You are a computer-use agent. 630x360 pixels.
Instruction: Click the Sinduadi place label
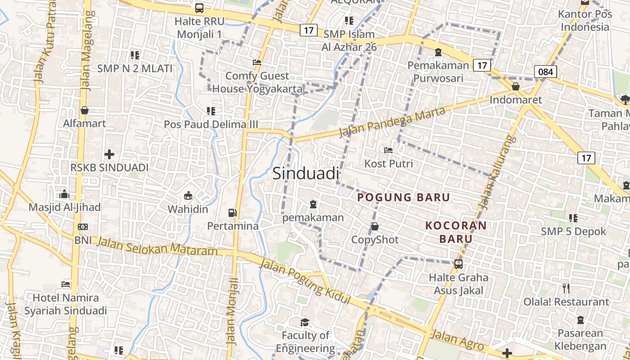pyautogui.click(x=306, y=173)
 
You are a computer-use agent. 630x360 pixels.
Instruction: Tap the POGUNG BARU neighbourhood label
pyautogui.click(x=404, y=197)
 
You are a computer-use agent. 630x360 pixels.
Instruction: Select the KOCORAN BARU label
pyautogui.click(x=456, y=232)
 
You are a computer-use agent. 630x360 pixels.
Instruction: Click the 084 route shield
pyautogui.click(x=545, y=71)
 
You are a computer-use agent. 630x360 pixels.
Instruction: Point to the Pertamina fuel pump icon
pyautogui.click(x=232, y=212)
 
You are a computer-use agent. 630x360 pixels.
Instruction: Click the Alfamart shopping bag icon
pyautogui.click(x=84, y=110)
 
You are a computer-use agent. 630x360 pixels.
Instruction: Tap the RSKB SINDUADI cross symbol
pyautogui.click(x=109, y=154)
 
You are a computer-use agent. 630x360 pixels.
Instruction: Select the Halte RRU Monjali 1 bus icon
pyautogui.click(x=199, y=8)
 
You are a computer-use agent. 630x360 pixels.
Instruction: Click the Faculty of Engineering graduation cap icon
pyautogui.click(x=305, y=322)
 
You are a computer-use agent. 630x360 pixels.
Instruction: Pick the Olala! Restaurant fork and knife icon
pyautogui.click(x=566, y=288)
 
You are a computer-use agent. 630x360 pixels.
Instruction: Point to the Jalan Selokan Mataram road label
pyautogui.click(x=157, y=247)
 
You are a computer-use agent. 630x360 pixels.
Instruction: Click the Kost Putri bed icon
pyautogui.click(x=388, y=150)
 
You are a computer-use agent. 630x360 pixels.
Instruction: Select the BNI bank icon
pyautogui.click(x=83, y=227)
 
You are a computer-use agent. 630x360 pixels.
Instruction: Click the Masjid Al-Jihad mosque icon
pyautogui.click(x=64, y=194)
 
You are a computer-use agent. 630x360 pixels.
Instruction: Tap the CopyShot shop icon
pyautogui.click(x=375, y=226)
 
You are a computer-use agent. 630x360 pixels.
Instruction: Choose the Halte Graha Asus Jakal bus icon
pyautogui.click(x=459, y=264)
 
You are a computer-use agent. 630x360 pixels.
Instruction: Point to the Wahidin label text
pyautogui.click(x=188, y=209)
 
